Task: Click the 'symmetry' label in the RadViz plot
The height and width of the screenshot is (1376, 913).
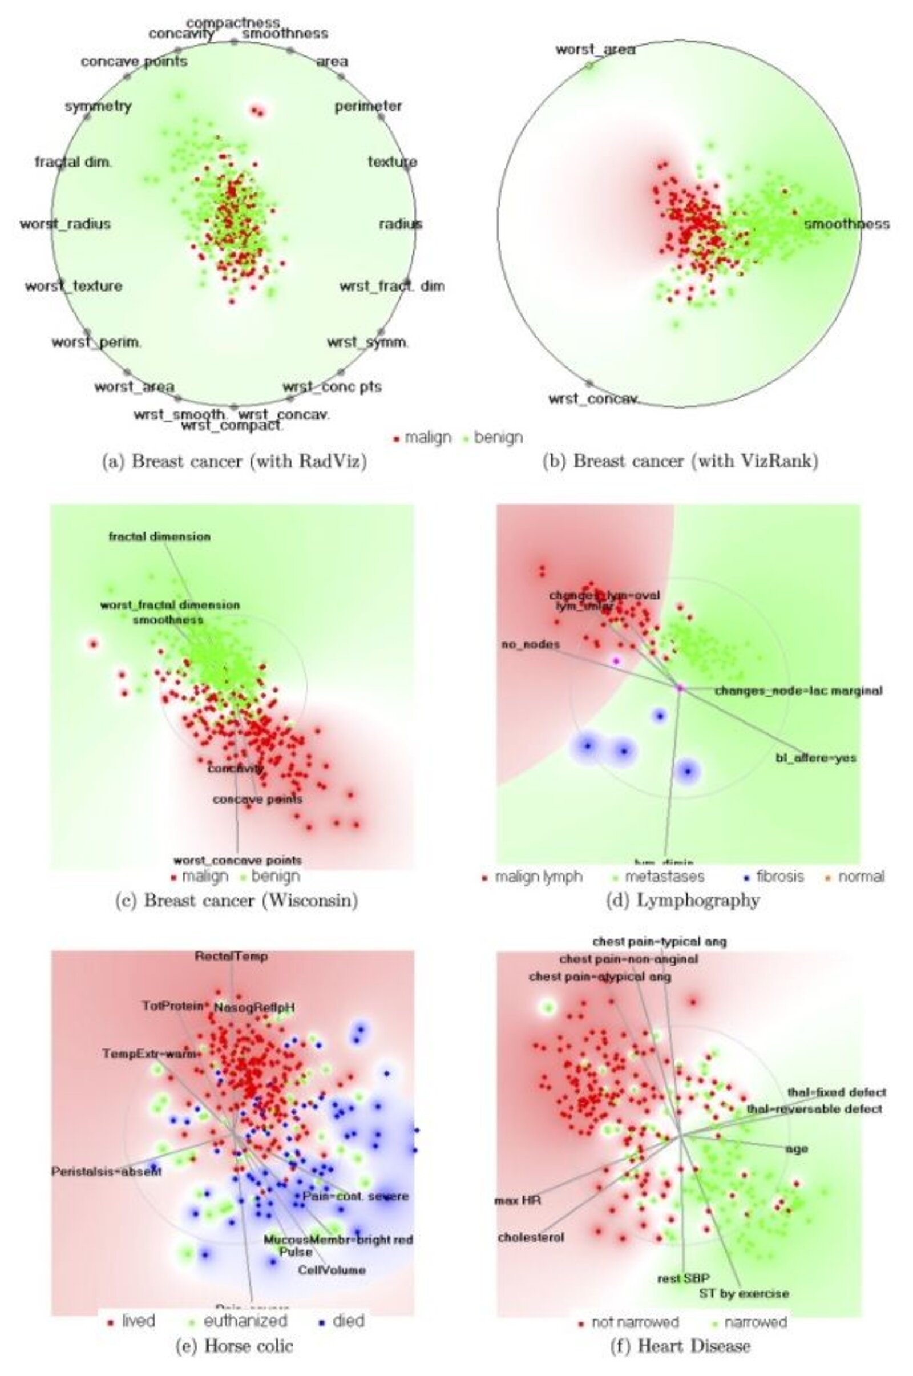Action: (98, 107)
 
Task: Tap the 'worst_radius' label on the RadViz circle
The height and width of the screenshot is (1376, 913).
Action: (64, 224)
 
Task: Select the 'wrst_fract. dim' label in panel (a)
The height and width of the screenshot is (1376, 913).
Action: (392, 286)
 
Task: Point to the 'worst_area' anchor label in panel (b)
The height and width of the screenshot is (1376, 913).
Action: (595, 50)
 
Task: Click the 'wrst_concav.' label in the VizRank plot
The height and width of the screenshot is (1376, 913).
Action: (594, 399)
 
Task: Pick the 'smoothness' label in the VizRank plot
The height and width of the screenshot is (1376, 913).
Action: (847, 224)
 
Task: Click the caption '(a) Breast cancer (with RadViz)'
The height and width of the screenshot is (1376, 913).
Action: (235, 461)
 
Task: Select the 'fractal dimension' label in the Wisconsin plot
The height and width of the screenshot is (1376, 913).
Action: (160, 536)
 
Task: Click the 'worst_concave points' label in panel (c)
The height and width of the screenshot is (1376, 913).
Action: (237, 860)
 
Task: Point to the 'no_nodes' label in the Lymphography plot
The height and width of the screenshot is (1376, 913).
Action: (531, 644)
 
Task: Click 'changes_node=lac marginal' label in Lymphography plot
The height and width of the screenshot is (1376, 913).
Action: (798, 691)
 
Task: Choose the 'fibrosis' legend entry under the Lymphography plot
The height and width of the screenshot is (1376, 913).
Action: (779, 877)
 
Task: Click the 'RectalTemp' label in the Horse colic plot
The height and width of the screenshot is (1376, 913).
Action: (231, 956)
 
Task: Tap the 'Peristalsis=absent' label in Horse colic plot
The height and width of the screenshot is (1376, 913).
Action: (107, 1171)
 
